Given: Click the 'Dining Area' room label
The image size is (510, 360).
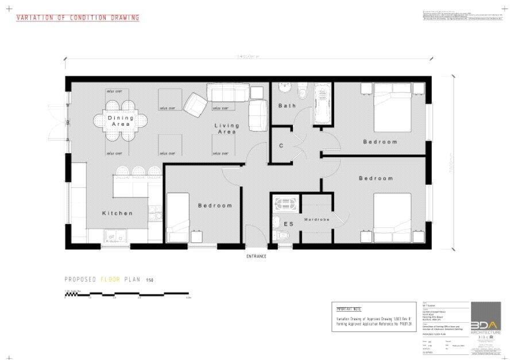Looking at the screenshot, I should [x=121, y=121].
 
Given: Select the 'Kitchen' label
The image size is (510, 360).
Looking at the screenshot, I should [x=117, y=213].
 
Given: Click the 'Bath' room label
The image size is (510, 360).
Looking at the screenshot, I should [x=287, y=106].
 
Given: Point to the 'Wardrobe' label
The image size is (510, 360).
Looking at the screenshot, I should [x=315, y=219].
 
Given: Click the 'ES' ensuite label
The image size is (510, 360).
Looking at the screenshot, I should [x=288, y=224].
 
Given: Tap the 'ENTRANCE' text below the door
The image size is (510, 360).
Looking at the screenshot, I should [x=256, y=256].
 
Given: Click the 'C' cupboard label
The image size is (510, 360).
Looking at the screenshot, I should [x=281, y=146].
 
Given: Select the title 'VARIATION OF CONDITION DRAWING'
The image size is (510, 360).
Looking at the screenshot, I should [x=78, y=18].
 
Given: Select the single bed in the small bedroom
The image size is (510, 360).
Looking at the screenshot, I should [x=177, y=218].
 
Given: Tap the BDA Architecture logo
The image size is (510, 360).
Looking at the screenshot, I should [x=486, y=319].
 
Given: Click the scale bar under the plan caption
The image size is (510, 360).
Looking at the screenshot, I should [x=127, y=294].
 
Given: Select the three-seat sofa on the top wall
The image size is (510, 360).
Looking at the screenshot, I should [x=228, y=92].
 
